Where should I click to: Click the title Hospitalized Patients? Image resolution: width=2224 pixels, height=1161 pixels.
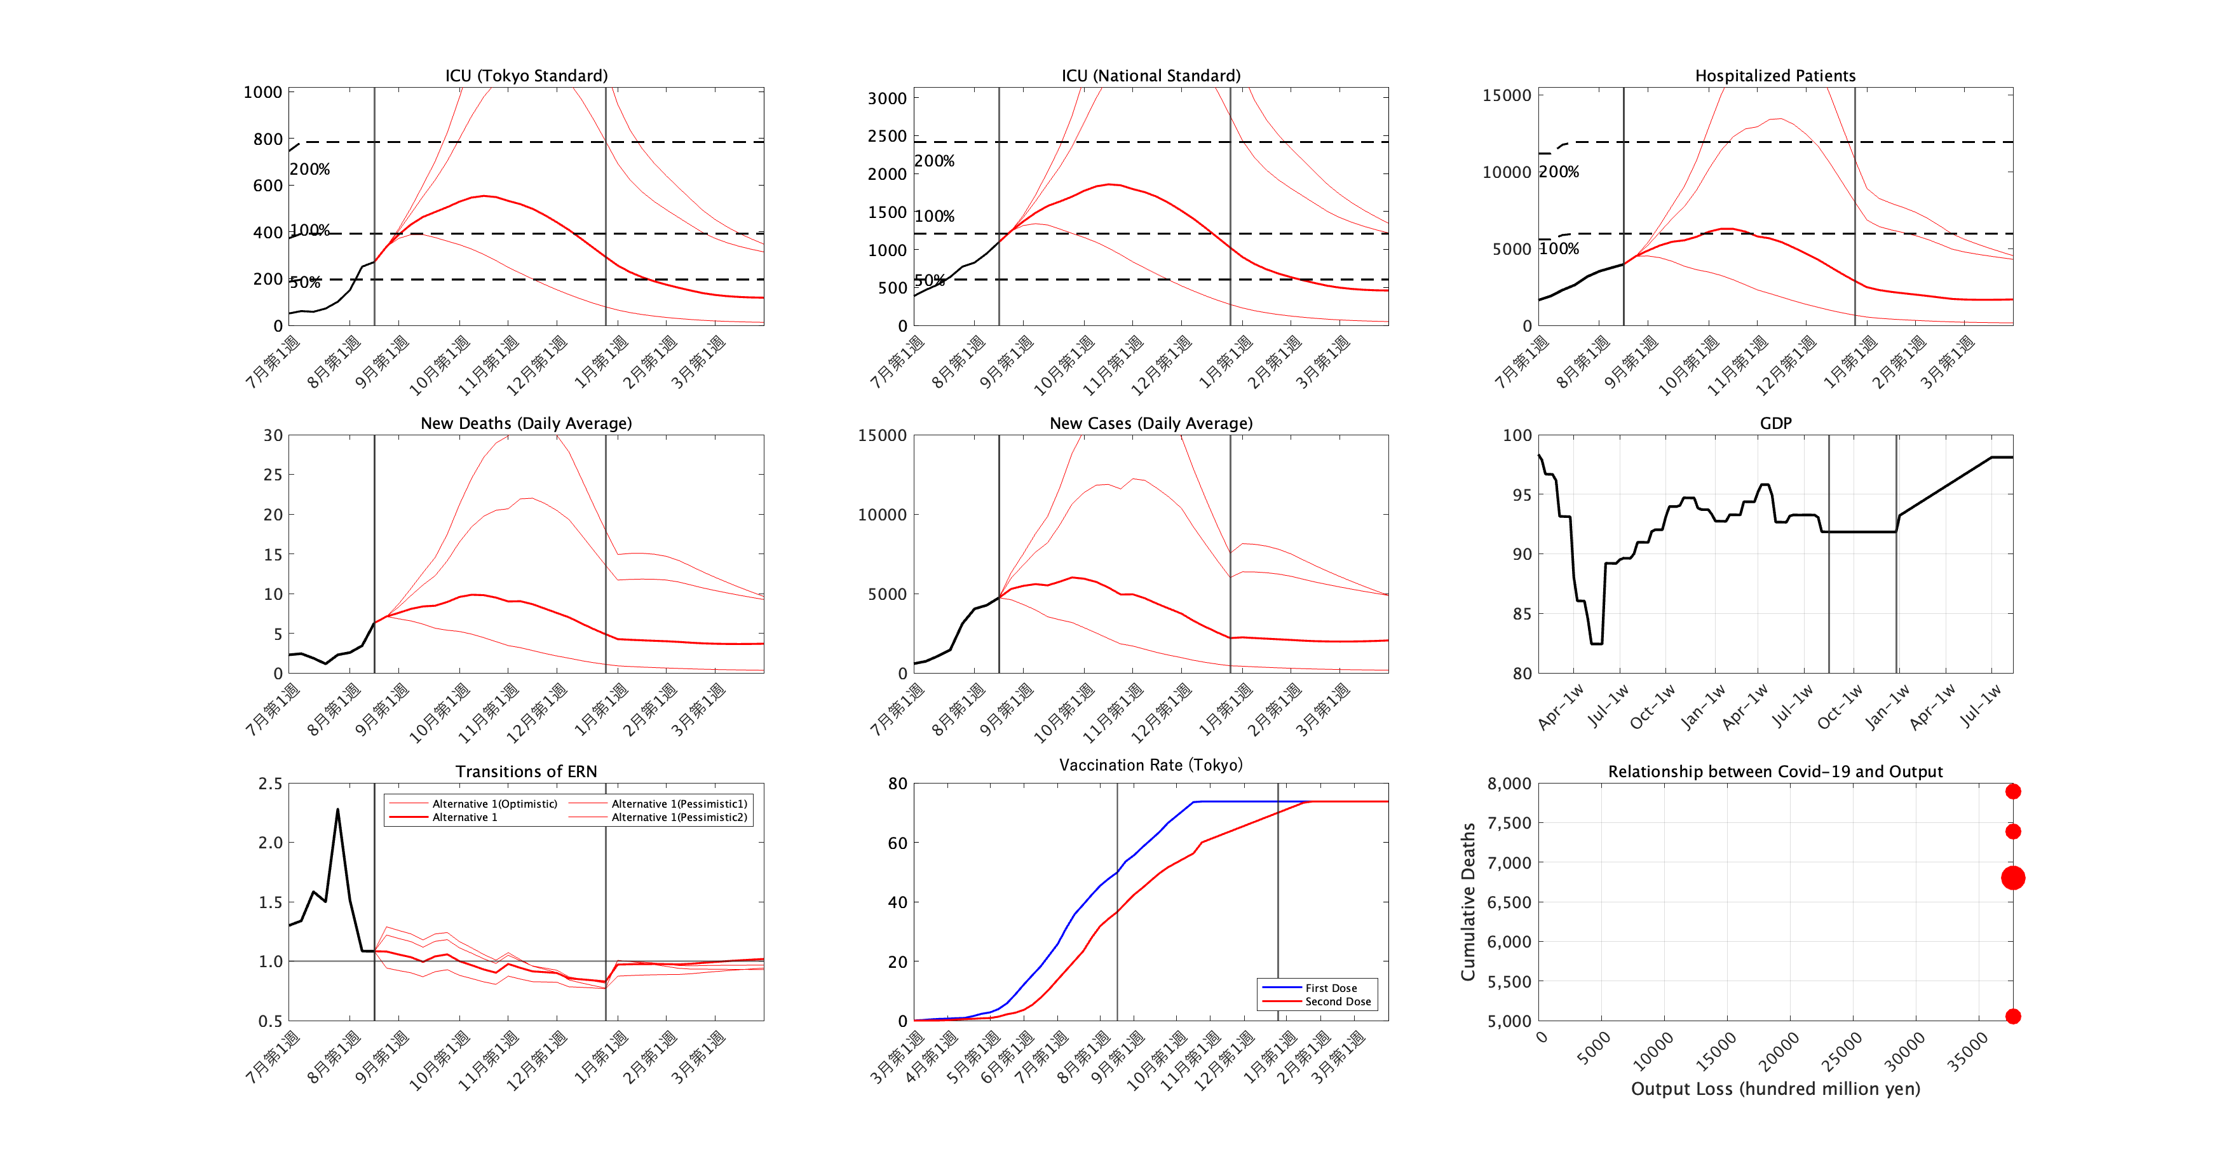1774,76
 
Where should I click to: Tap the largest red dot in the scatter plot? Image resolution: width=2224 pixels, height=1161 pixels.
2012,878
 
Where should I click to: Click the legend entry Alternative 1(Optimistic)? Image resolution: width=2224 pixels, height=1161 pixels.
494,804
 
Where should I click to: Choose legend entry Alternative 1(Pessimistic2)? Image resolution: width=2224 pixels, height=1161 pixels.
679,817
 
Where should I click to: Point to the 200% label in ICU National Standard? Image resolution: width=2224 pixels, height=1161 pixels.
934,161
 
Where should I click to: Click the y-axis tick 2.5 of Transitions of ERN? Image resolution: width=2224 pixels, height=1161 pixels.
270,784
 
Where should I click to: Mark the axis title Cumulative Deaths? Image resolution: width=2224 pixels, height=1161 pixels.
1468,901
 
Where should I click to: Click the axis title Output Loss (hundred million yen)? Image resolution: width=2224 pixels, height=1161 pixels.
1774,1089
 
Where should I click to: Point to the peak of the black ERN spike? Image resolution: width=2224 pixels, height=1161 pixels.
337,810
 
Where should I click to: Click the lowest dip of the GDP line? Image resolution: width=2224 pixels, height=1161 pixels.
1596,643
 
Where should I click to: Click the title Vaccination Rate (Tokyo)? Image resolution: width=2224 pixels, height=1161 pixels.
1150,765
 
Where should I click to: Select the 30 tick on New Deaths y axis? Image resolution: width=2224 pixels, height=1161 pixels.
273,436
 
